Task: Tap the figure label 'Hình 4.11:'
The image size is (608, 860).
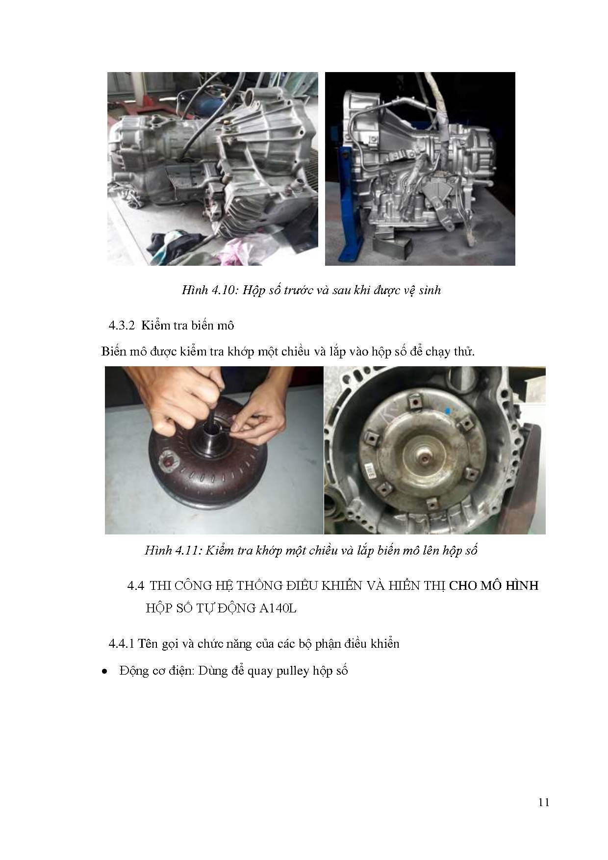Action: [x=173, y=550]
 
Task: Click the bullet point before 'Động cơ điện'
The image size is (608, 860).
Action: [x=104, y=671]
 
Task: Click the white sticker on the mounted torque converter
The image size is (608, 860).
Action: [x=372, y=474]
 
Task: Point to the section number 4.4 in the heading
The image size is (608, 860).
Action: [x=135, y=585]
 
